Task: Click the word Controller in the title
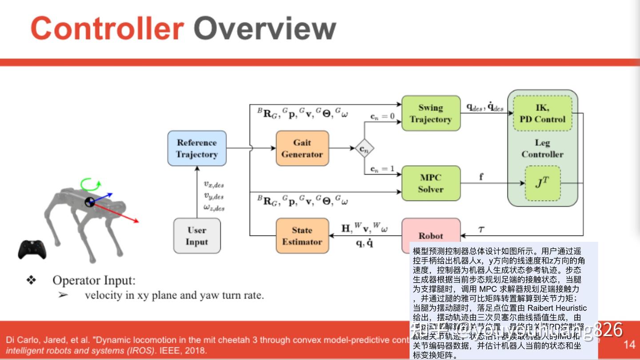[107, 28]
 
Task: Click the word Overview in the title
[265, 28]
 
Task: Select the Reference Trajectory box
[197, 148]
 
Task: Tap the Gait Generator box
[302, 148]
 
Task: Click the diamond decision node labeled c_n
[364, 149]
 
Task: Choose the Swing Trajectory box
[431, 113]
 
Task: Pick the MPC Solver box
[431, 183]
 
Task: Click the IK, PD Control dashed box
[542, 113]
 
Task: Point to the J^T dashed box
[542, 183]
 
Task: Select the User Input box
[197, 236]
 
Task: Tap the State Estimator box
[302, 236]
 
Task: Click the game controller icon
[32, 249]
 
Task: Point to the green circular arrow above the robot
[91, 183]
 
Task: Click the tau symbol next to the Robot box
[481, 229]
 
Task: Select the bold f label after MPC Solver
[481, 176]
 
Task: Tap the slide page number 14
[629, 344]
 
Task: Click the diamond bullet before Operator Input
[31, 280]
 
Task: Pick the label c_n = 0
[382, 116]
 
